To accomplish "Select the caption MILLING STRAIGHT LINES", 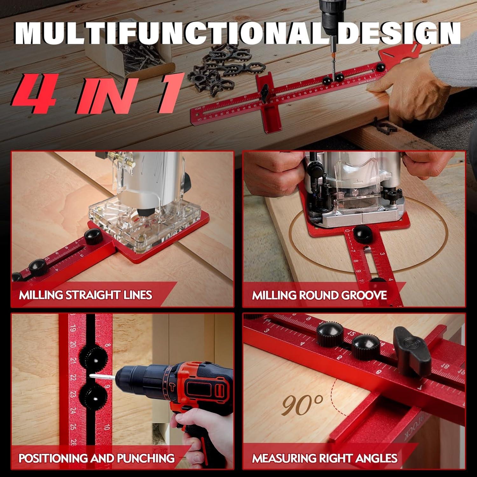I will click(x=85, y=295).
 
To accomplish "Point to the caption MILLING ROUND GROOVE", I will click(x=319, y=295).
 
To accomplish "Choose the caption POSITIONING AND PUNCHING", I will click(x=96, y=458).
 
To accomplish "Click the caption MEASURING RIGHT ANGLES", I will click(x=324, y=458).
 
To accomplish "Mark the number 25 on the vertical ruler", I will click(x=73, y=426).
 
